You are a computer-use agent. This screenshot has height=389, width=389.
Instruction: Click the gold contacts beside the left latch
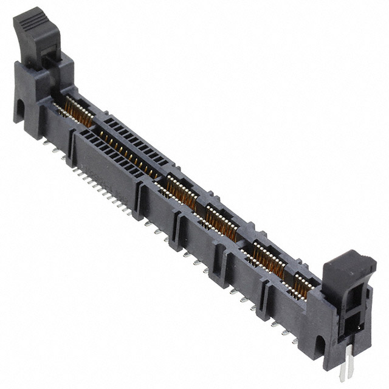pos(76,109)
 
